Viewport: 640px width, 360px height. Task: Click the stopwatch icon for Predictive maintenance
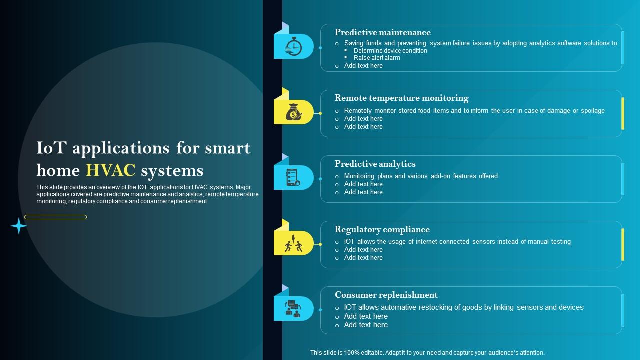pyautogui.click(x=293, y=47)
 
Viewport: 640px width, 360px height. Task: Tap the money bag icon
pyautogui.click(x=293, y=112)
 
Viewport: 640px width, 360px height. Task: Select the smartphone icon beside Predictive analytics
pyautogui.click(x=293, y=178)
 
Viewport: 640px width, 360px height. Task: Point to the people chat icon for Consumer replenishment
pyautogui.click(x=293, y=309)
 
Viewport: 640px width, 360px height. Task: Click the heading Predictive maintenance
pyautogui.click(x=382, y=32)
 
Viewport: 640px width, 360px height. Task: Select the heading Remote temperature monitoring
pyautogui.click(x=401, y=98)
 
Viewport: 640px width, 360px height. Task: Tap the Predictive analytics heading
pyautogui.click(x=375, y=164)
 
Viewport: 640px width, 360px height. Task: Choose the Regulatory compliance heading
pyautogui.click(x=382, y=229)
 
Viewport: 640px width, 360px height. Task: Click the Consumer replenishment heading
pyautogui.click(x=386, y=295)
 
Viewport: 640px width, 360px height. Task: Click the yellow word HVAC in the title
pyautogui.click(x=111, y=171)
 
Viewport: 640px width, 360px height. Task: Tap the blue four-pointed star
pyautogui.click(x=19, y=226)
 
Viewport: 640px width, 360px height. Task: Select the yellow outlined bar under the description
pyautogui.click(x=55, y=217)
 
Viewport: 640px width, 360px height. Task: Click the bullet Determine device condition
pyautogui.click(x=390, y=51)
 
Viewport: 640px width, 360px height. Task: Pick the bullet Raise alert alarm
pyautogui.click(x=377, y=58)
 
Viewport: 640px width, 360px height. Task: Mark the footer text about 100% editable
pyautogui.click(x=427, y=353)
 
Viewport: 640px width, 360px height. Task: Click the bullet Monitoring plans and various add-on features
pyautogui.click(x=421, y=176)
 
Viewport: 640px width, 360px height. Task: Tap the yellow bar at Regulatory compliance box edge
pyautogui.click(x=622, y=244)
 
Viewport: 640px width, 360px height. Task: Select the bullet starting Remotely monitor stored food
pyautogui.click(x=474, y=111)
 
